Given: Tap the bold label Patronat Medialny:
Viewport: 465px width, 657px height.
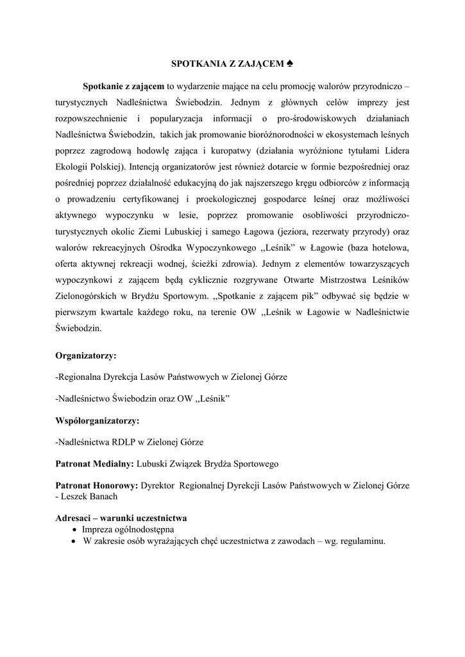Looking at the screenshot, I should [x=95, y=463].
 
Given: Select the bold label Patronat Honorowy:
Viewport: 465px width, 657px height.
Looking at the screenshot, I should [x=97, y=486].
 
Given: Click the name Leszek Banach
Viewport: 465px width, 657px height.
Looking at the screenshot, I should [x=90, y=497].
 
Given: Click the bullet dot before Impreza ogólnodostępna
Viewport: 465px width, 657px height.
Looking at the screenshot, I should [x=76, y=529].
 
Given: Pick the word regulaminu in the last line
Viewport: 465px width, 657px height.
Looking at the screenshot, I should [x=362, y=540].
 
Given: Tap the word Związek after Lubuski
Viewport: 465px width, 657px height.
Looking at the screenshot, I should [x=190, y=463].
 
